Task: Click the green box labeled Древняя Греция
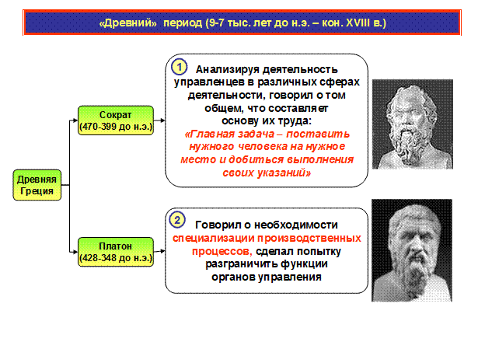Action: click(37, 185)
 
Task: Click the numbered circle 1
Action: click(179, 66)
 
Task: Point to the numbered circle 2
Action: click(178, 219)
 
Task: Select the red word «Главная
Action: click(210, 134)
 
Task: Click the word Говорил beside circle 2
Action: click(217, 223)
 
